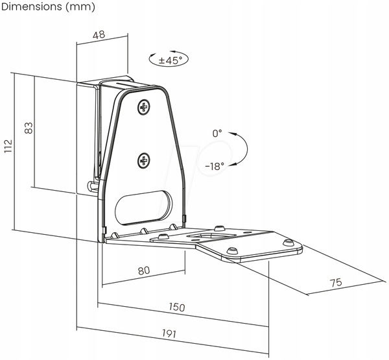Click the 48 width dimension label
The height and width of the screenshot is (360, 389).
pyautogui.click(x=99, y=35)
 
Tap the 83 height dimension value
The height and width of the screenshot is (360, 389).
pyautogui.click(x=29, y=128)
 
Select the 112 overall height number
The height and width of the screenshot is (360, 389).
pyautogui.click(x=8, y=146)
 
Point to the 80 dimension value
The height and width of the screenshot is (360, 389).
pyautogui.click(x=144, y=270)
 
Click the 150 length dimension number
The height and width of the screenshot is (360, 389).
pyautogui.click(x=177, y=307)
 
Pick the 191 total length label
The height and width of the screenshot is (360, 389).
pyautogui.click(x=169, y=333)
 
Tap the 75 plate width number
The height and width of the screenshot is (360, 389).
pyautogui.click(x=336, y=283)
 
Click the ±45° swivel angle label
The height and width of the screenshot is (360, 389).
pyautogui.click(x=171, y=60)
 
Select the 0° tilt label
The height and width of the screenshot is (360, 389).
pyautogui.click(x=217, y=134)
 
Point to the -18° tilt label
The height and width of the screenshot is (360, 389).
pyautogui.click(x=215, y=166)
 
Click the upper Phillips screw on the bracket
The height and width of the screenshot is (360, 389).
pyautogui.click(x=144, y=107)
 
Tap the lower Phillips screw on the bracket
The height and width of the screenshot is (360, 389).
pyautogui.click(x=144, y=161)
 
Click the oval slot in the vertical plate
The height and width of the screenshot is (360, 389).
pyautogui.click(x=143, y=208)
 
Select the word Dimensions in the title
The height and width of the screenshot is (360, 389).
pyautogui.click(x=32, y=6)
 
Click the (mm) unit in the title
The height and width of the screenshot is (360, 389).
pyautogui.click(x=80, y=7)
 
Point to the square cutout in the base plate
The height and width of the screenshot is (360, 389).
pyautogui.click(x=211, y=236)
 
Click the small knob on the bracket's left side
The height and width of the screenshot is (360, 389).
pyautogui.click(x=91, y=186)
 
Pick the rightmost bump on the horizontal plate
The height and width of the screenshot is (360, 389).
pyautogui.click(x=288, y=242)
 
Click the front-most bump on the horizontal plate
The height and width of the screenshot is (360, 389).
pyautogui.click(x=232, y=251)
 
